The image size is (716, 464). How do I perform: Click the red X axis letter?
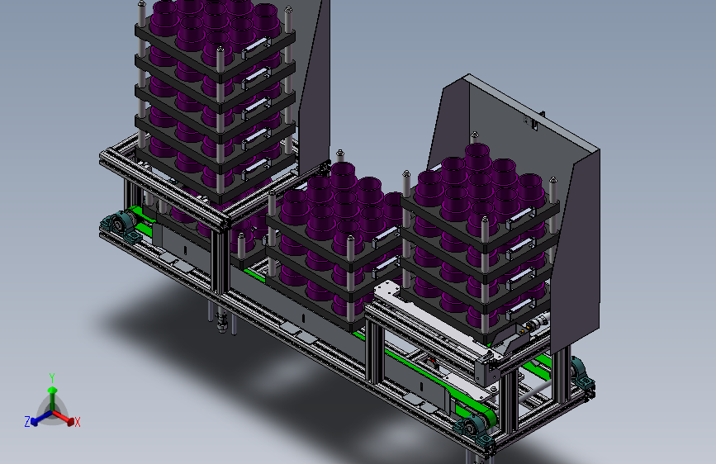[x=77, y=422]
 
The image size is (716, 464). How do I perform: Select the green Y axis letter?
[x=52, y=377]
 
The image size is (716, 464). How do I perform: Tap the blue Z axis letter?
[x=27, y=422]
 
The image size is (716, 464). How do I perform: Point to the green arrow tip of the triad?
[x=53, y=390]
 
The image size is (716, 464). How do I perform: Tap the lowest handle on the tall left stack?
[x=256, y=168]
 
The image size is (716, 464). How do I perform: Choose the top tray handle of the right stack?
[x=520, y=217]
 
